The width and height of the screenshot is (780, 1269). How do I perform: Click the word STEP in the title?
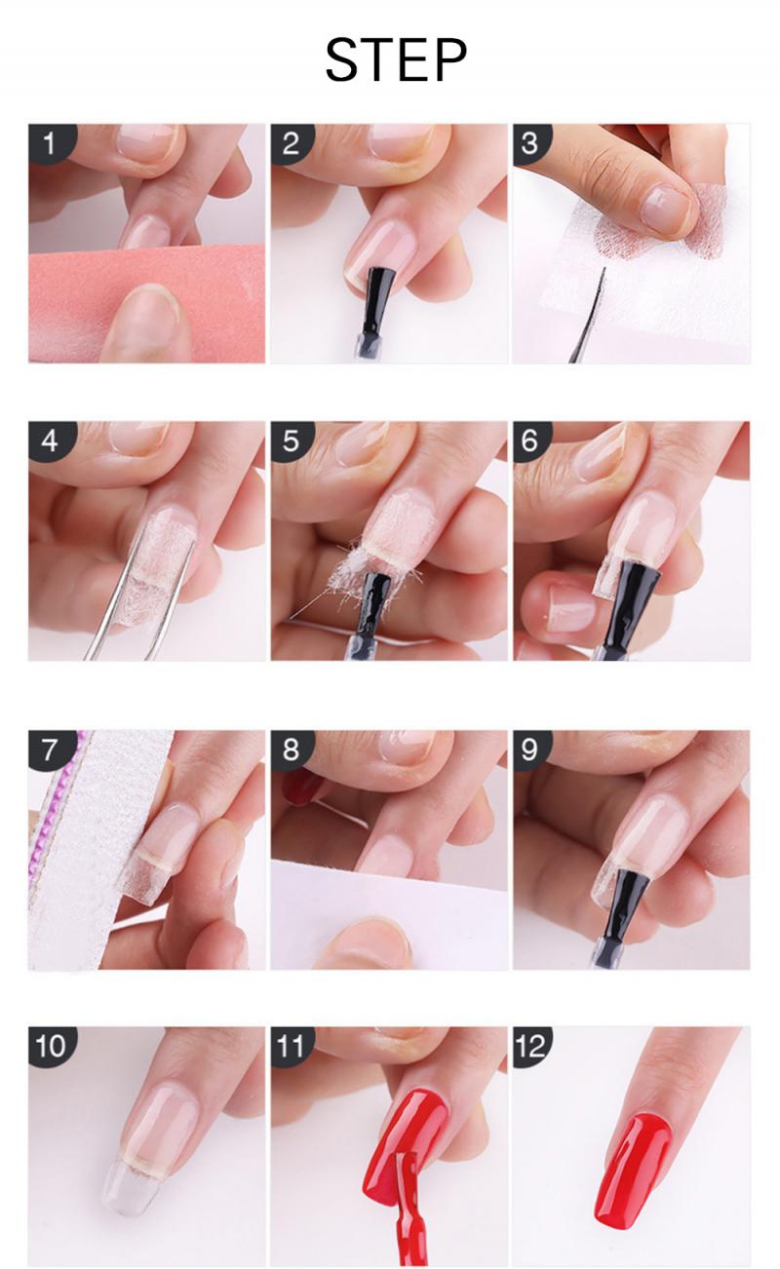tap(395, 60)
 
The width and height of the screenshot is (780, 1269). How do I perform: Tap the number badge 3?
tap(530, 144)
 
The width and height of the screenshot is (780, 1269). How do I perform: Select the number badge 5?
tap(291, 442)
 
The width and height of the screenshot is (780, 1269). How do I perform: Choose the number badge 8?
tap(291, 750)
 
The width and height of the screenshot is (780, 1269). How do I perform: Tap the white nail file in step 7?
tap(78, 858)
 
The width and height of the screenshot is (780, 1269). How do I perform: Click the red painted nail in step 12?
tap(634, 1165)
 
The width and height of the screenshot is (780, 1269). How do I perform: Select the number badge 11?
tap(291, 1047)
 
